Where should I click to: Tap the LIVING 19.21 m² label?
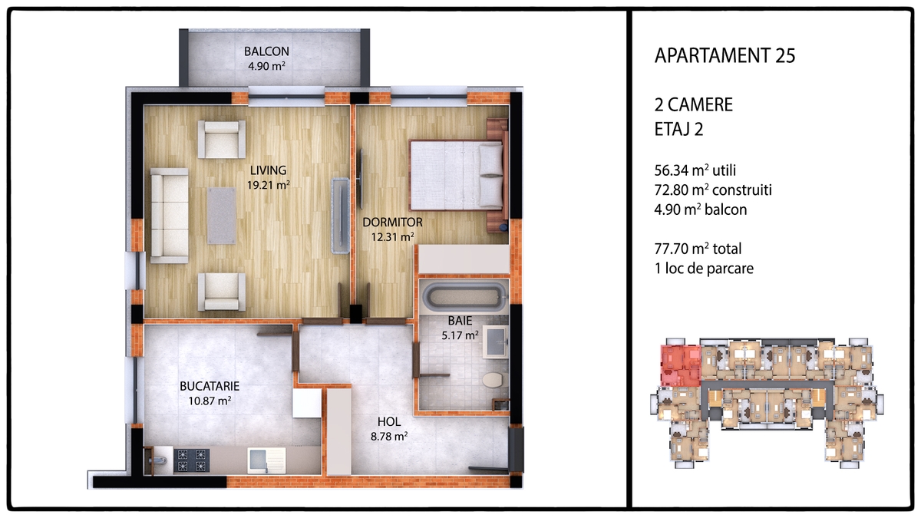268,177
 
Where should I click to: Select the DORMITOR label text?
392,223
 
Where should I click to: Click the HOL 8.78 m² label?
389,429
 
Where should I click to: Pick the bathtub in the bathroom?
464,296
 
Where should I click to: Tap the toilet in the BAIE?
493,379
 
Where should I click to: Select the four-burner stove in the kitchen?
191,460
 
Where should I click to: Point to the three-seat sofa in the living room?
169,216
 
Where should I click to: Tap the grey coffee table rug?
222,216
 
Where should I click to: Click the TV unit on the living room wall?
341,216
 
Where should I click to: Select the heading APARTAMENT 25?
725,55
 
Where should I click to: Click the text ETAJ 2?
678,129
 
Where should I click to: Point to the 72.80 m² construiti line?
713,190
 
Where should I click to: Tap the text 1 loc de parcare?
704,269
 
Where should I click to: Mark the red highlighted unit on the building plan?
681,365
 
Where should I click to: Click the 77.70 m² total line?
698,249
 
